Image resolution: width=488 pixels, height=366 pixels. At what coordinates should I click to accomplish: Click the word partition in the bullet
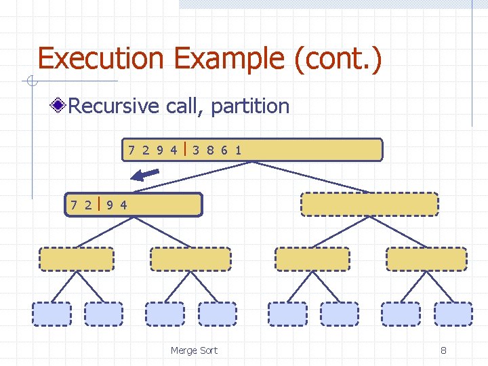point(250,106)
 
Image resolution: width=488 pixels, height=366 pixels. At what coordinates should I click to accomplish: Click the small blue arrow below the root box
point(145,175)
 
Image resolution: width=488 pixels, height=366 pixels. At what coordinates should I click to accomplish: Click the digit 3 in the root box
point(195,150)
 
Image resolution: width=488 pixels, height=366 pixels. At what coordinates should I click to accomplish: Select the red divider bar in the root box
point(185,149)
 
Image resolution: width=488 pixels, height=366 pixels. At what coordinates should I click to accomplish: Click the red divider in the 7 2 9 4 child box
point(99,204)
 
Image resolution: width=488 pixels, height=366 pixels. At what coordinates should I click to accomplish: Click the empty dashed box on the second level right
point(369,204)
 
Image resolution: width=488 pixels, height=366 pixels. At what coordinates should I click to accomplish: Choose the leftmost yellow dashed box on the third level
point(77,259)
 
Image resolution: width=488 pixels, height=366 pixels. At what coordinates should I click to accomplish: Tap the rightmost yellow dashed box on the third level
point(426,259)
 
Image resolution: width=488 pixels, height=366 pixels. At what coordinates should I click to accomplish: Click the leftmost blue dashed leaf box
point(52,314)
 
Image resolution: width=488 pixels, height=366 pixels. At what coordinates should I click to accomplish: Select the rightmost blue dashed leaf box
point(453,314)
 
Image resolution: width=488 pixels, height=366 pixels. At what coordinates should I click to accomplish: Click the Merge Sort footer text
point(194,350)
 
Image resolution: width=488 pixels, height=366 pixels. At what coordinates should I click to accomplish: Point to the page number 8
point(443,350)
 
